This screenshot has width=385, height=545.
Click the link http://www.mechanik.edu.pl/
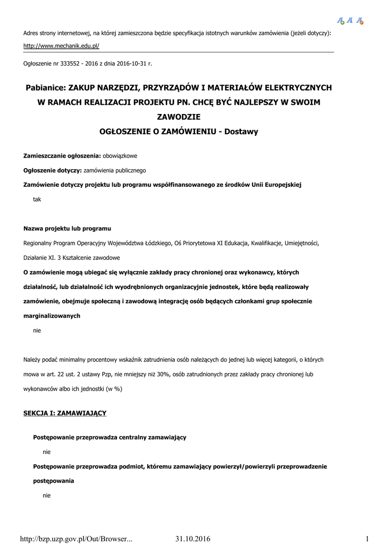coord(61,46)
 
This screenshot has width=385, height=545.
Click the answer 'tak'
coord(37,200)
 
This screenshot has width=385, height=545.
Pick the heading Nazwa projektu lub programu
coord(67,229)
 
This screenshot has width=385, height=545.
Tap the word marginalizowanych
coord(52,316)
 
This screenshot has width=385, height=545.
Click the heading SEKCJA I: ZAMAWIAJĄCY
coord(65,413)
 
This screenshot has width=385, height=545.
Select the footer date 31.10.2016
coord(192,539)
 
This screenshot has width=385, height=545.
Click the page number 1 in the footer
coord(367,539)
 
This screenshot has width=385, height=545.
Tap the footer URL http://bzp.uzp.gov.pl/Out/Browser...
coord(76,539)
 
